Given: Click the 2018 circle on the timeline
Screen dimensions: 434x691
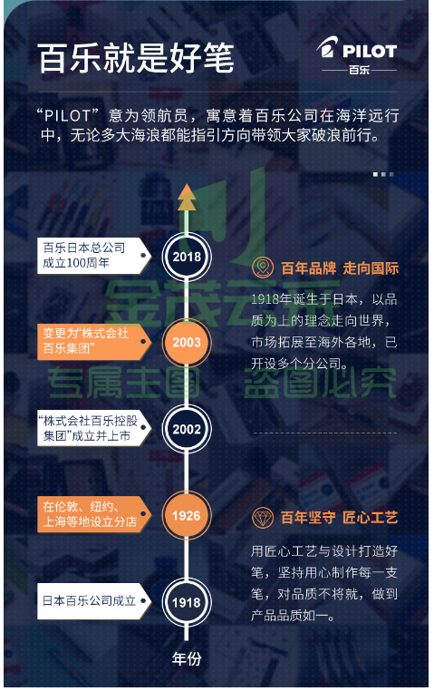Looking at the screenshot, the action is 187,257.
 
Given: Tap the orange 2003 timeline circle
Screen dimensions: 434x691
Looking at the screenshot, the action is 187,343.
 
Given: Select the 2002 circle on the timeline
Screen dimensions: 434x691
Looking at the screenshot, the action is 187,429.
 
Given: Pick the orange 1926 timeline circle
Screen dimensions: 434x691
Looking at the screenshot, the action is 187,515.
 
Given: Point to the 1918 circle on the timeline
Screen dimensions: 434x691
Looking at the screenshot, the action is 187,602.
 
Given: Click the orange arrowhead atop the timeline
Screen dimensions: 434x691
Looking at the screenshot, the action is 187,197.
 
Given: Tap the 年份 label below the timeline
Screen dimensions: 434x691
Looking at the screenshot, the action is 187,658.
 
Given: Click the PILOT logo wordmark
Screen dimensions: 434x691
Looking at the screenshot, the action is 370,51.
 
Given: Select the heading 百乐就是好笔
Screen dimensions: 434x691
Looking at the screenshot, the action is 136,58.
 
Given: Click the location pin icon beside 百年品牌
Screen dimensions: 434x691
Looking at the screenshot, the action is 263,268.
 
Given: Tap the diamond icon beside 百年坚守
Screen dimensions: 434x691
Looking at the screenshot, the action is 263,518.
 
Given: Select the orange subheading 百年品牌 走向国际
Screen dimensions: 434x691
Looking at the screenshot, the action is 340,268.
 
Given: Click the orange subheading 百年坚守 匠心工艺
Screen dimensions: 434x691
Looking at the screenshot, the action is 340,518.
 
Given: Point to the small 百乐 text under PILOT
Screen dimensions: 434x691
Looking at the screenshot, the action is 359,70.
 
